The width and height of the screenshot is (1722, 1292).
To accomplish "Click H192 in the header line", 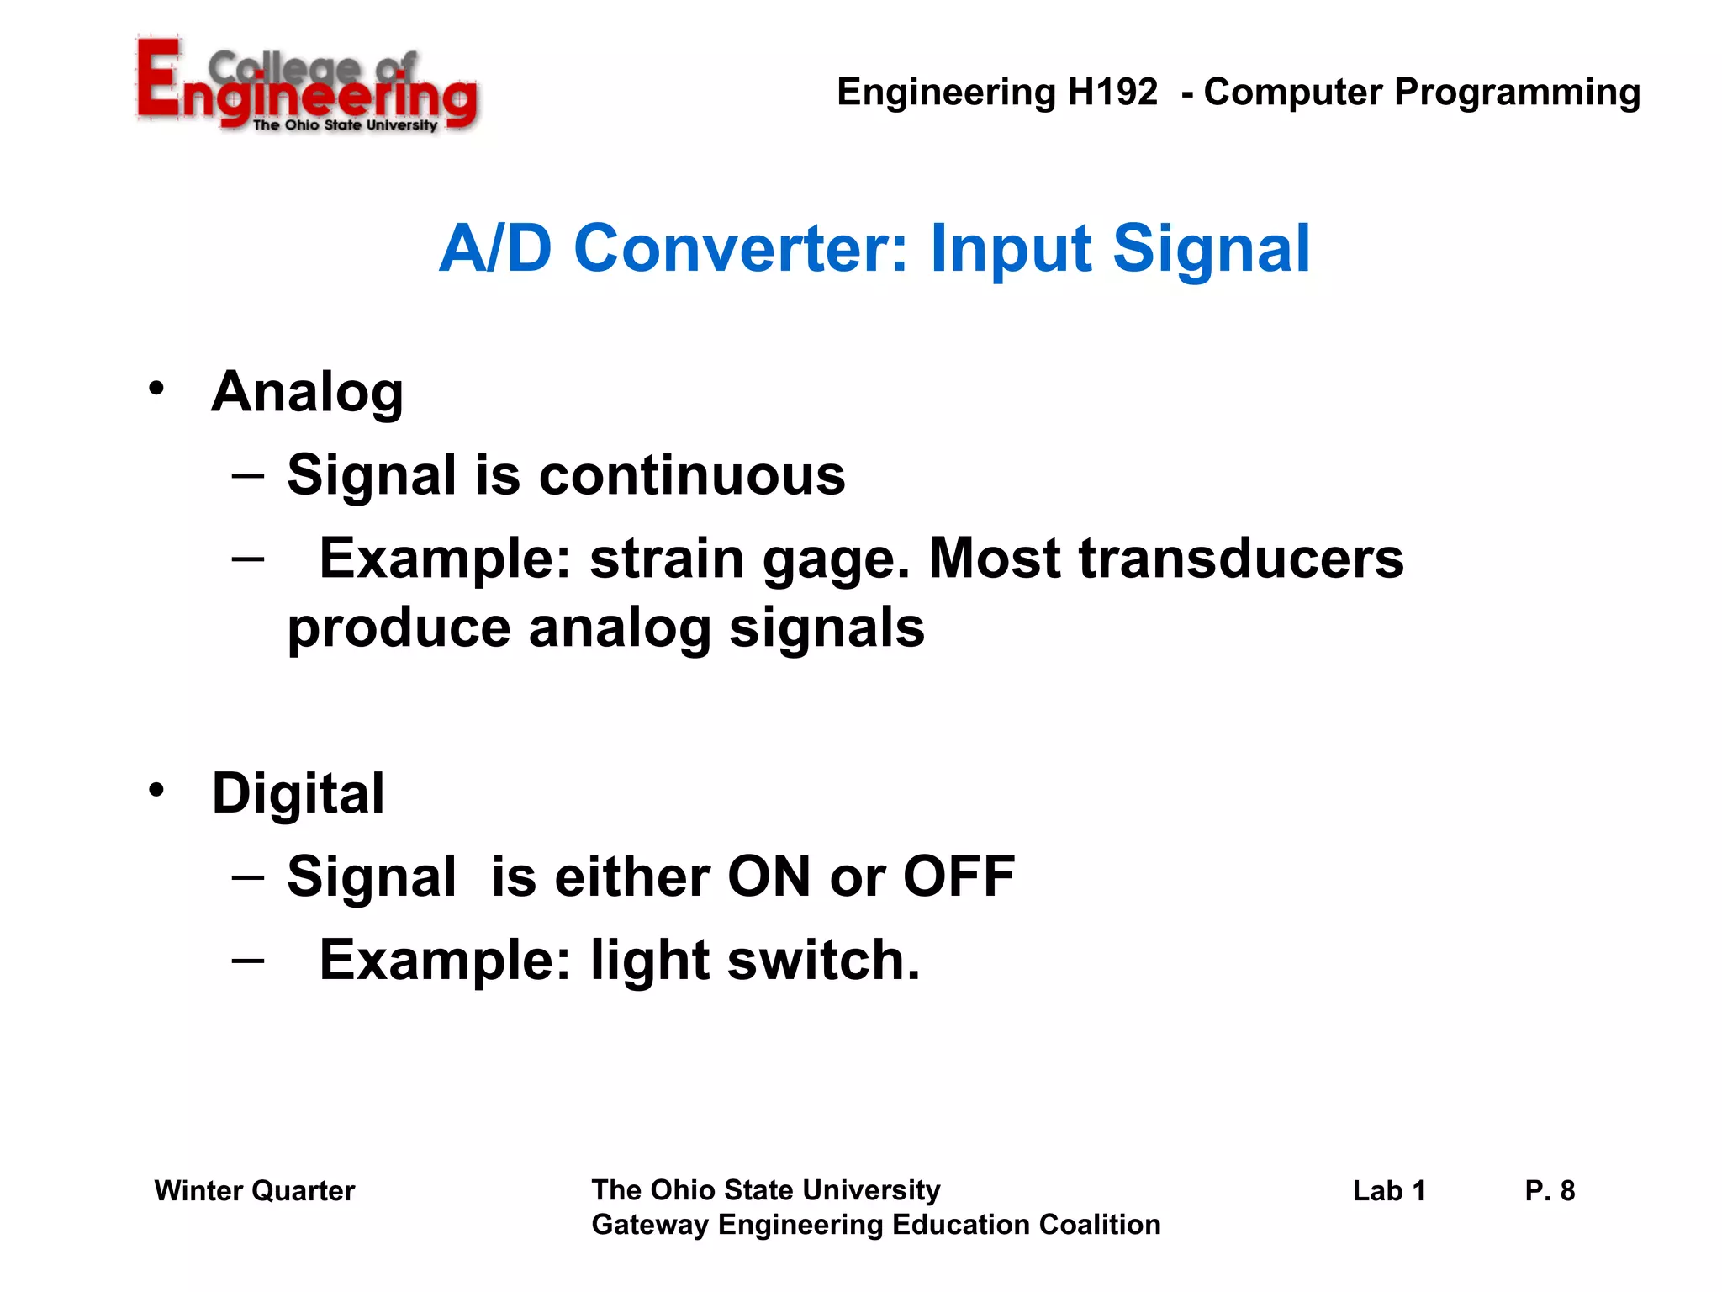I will pos(1112,92).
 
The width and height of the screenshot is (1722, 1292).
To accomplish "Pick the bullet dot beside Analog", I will pos(156,389).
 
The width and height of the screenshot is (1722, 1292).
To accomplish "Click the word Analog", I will pos(308,393).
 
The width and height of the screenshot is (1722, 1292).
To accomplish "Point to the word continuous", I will pos(691,475).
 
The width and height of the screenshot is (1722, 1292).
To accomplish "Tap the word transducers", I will pos(1241,559).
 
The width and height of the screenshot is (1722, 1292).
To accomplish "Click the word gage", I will pos(836,560).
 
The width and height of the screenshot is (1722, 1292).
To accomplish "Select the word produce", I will pos(399,629).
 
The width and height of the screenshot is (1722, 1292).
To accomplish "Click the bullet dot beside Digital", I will pos(156,790).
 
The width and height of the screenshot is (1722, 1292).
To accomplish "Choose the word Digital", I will pos(298,793).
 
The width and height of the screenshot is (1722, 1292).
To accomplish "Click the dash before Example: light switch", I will pos(248,960).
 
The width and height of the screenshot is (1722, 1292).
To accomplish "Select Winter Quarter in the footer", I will pos(255,1191).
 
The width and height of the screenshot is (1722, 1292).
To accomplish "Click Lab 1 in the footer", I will pos(1389,1191).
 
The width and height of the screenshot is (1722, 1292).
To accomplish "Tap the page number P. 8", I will pos(1550,1191).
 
